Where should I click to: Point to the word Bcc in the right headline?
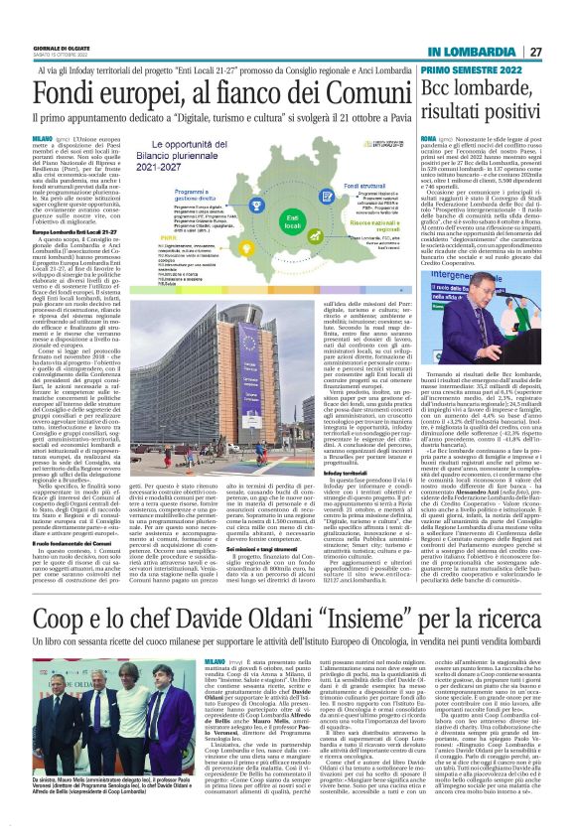pyautogui.click(x=447, y=90)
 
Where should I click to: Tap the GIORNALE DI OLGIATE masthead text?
pyautogui.click(x=64, y=46)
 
